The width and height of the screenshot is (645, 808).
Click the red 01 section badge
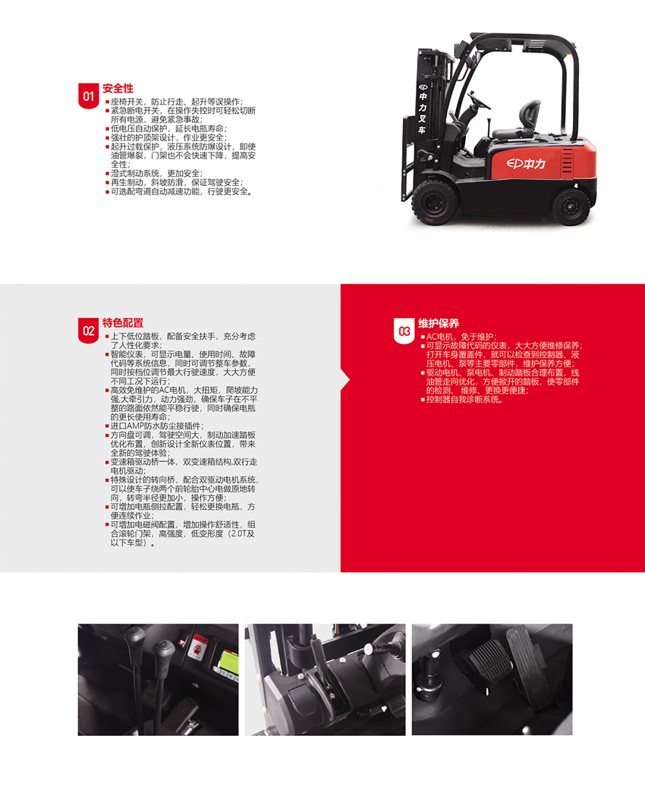pos(88,96)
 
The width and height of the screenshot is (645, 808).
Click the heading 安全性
pos(118,88)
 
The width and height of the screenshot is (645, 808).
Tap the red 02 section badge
pos(88,330)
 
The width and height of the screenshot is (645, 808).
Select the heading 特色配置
pos(123,323)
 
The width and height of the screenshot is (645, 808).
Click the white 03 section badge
pos(404,331)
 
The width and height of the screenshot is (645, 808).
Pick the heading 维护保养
pos(439,324)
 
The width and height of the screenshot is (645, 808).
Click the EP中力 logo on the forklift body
pos(526,164)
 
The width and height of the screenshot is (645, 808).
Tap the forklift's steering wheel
pos(479,100)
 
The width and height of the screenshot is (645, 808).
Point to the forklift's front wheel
pos(435,201)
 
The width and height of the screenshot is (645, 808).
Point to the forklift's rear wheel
pos(571,206)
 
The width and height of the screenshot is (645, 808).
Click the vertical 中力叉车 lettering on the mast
pos(423,108)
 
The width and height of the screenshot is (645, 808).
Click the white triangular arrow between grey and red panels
pos(345,380)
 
